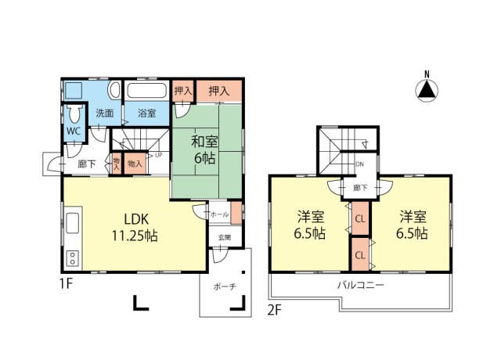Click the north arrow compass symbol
click(427, 91)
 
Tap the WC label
click(74, 131)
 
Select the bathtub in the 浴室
click(147, 91)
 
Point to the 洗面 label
click(105, 113)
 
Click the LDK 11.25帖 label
click(135, 228)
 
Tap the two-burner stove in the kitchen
click(73, 257)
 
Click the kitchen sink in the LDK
click(73, 224)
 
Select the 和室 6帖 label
click(204, 149)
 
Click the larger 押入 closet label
click(219, 92)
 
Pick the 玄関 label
click(225, 238)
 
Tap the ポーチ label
click(225, 287)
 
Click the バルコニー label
click(361, 285)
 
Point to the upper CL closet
click(360, 219)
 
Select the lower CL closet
click(360, 255)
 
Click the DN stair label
click(360, 164)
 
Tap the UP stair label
click(158, 155)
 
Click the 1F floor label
click(67, 283)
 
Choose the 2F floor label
click(275, 310)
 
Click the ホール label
click(219, 214)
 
